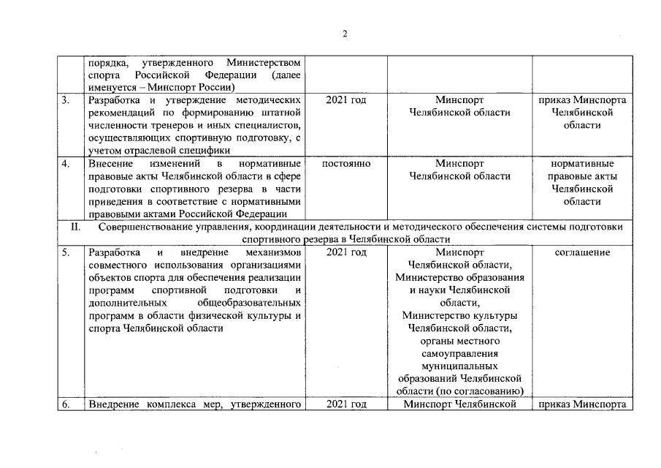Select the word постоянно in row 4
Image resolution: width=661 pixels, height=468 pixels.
pyautogui.click(x=346, y=164)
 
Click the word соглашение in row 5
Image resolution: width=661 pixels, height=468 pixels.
pyautogui.click(x=582, y=252)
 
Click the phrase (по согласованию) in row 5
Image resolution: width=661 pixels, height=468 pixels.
pyautogui.click(x=481, y=391)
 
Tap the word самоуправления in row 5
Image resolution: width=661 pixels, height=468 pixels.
pyautogui.click(x=459, y=353)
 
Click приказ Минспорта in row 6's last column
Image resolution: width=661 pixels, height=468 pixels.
pyautogui.click(x=582, y=404)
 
